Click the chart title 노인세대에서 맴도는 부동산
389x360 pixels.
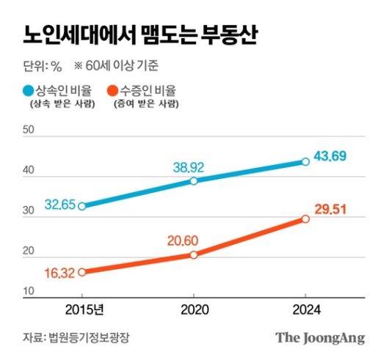pos(139,34)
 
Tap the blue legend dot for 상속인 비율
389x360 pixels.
pos(28,92)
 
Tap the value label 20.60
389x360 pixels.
pos(190,240)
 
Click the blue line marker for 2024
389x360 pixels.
pos(305,161)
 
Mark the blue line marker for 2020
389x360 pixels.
pos(194,181)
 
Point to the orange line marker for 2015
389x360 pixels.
pos(81,272)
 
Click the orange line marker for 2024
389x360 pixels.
pos(305,218)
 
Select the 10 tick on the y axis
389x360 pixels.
pos(29,292)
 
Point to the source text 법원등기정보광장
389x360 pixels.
pos(93,338)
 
